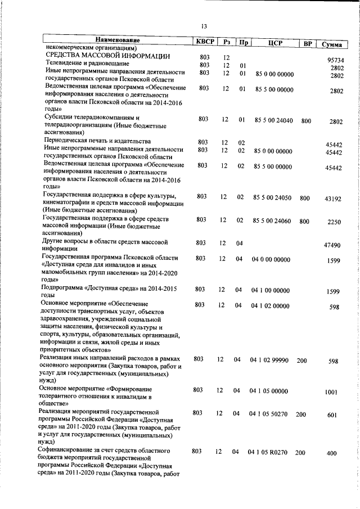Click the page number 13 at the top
click(204, 26)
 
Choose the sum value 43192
click(334, 199)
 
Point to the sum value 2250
click(334, 222)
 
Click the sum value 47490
click(334, 245)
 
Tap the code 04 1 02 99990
click(269, 359)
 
